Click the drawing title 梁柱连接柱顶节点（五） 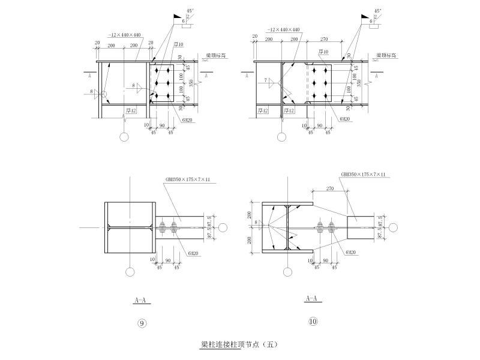pos(239,345)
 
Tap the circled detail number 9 pos(142,324)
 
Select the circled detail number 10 pos(313,322)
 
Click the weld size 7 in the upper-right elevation pos(264,80)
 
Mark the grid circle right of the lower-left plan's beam pos(223,228)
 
